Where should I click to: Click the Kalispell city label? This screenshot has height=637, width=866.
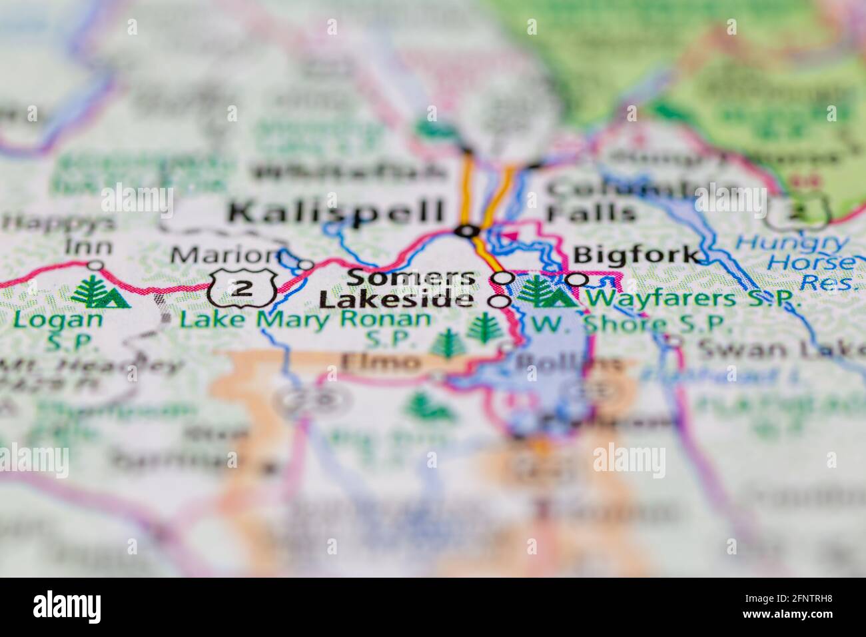tap(336, 212)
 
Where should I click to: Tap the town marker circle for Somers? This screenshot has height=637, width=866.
tap(505, 278)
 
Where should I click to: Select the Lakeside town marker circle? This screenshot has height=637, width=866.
tap(500, 302)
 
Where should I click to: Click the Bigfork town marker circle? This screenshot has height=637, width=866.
tap(577, 279)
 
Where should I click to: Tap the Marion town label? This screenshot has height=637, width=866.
tap(222, 255)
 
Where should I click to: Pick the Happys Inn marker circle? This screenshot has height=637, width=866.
tap(96, 265)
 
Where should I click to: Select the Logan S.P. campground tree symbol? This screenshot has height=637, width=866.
tap(100, 293)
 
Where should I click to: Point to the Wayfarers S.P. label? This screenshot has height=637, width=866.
tap(693, 299)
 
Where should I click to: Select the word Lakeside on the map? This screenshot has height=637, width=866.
tap(396, 301)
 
